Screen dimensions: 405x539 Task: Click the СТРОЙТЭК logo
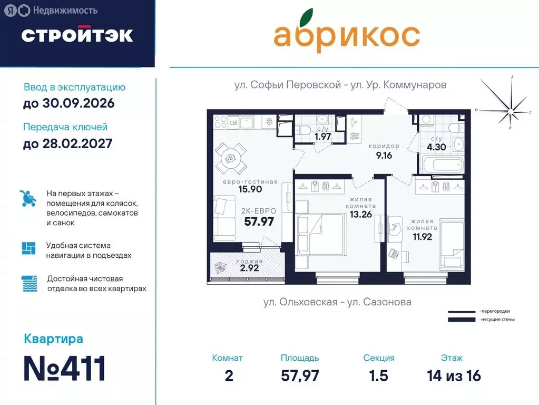pyautogui.click(x=77, y=35)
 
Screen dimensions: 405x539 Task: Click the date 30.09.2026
pyautogui.click(x=68, y=103)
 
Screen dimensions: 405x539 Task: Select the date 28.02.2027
pyautogui.click(x=67, y=143)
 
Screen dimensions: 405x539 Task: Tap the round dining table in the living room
pyautogui.click(x=230, y=159)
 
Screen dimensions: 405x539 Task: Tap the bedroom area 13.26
pyautogui.click(x=359, y=214)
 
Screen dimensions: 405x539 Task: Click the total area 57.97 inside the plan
pyautogui.click(x=259, y=221)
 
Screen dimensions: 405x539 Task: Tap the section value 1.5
pyautogui.click(x=378, y=376)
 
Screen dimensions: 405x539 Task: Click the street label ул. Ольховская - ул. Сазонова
pyautogui.click(x=337, y=302)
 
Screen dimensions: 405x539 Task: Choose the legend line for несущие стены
pyautogui.click(x=462, y=319)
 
